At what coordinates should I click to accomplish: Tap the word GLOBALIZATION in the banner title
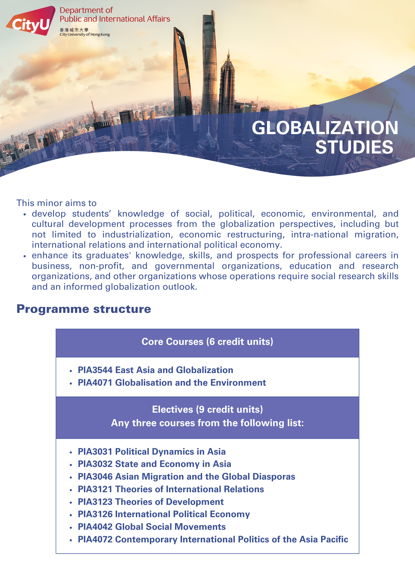pyautogui.click(x=325, y=128)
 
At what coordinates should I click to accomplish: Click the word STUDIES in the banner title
pyautogui.click(x=354, y=147)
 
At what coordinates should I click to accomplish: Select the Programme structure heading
pyautogui.click(x=84, y=309)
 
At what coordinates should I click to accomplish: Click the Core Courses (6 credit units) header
pyautogui.click(x=207, y=342)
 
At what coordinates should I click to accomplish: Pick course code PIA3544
pyautogui.click(x=95, y=370)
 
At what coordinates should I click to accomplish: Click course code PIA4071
pyautogui.click(x=95, y=383)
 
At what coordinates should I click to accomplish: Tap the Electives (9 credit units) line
pyautogui.click(x=207, y=409)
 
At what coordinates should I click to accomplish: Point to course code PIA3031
pyautogui.click(x=95, y=452)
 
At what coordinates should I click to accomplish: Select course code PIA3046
pyautogui.click(x=95, y=477)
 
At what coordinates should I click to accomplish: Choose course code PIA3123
pyautogui.click(x=95, y=502)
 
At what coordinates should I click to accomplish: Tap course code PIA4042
pyautogui.click(x=95, y=527)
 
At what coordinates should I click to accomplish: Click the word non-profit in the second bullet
pyautogui.click(x=101, y=266)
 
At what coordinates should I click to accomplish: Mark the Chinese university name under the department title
pyautogui.click(x=74, y=30)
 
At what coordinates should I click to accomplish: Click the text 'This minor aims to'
pyautogui.click(x=56, y=203)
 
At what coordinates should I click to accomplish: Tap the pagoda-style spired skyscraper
pyautogui.click(x=227, y=85)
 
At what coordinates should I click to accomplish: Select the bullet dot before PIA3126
pyautogui.click(x=71, y=515)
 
